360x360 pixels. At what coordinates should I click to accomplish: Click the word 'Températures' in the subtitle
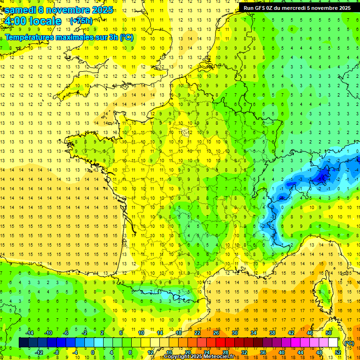pos(30,37)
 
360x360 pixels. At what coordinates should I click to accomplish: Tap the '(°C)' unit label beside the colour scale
pos(349,343)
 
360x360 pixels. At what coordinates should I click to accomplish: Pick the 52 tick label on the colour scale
pos(337,352)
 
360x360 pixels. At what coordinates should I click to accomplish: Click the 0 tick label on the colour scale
pos(92,352)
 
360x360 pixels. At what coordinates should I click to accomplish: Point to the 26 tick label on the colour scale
pos(216,333)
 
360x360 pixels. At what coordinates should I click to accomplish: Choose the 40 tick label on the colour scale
pos(281,352)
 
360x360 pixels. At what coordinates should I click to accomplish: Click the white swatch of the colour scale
pos(333,343)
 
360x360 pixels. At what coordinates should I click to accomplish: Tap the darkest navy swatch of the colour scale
pos(23,343)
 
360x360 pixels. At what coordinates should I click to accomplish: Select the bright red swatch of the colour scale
pos(221,343)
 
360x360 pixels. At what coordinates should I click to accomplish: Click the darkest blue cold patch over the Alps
pos(322,176)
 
